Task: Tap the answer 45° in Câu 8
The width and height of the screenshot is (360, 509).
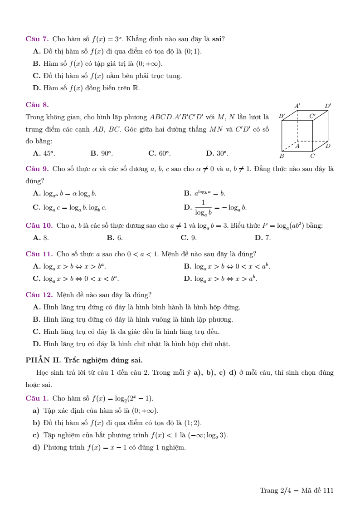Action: tap(49, 153)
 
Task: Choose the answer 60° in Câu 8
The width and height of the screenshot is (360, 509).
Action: tap(164, 153)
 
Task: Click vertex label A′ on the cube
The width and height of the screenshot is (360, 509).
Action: tap(297, 106)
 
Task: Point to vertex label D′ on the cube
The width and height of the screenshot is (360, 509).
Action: tap(328, 106)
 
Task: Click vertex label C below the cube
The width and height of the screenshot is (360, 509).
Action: tap(312, 156)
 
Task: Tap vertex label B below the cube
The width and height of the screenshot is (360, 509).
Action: tap(282, 156)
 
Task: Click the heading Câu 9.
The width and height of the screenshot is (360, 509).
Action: tap(37, 169)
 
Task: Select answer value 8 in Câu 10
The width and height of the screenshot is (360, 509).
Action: tap(46, 238)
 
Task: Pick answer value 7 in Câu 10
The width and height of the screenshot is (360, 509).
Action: tap(268, 238)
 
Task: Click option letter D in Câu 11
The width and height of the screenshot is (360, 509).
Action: tap(188, 279)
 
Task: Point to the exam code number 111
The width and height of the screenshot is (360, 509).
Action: tap(328, 490)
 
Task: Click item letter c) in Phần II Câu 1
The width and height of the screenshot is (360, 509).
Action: tap(36, 435)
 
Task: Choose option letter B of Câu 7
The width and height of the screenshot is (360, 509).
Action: tap(37, 64)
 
